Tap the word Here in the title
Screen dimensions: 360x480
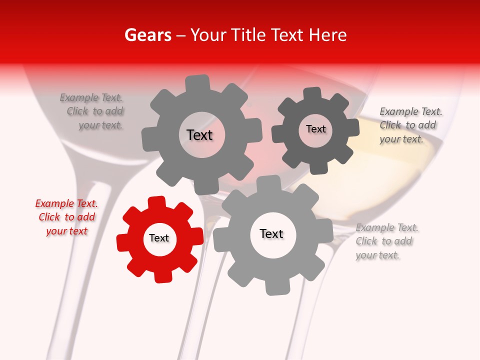(328, 35)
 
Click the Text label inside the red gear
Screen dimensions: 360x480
(159, 238)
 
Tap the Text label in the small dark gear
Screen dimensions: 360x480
(315, 129)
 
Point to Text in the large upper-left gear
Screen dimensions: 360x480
(199, 135)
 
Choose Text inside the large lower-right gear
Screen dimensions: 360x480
(271, 234)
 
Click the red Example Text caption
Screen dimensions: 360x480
(66, 217)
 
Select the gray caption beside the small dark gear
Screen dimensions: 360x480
(410, 125)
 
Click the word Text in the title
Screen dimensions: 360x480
(287, 35)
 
